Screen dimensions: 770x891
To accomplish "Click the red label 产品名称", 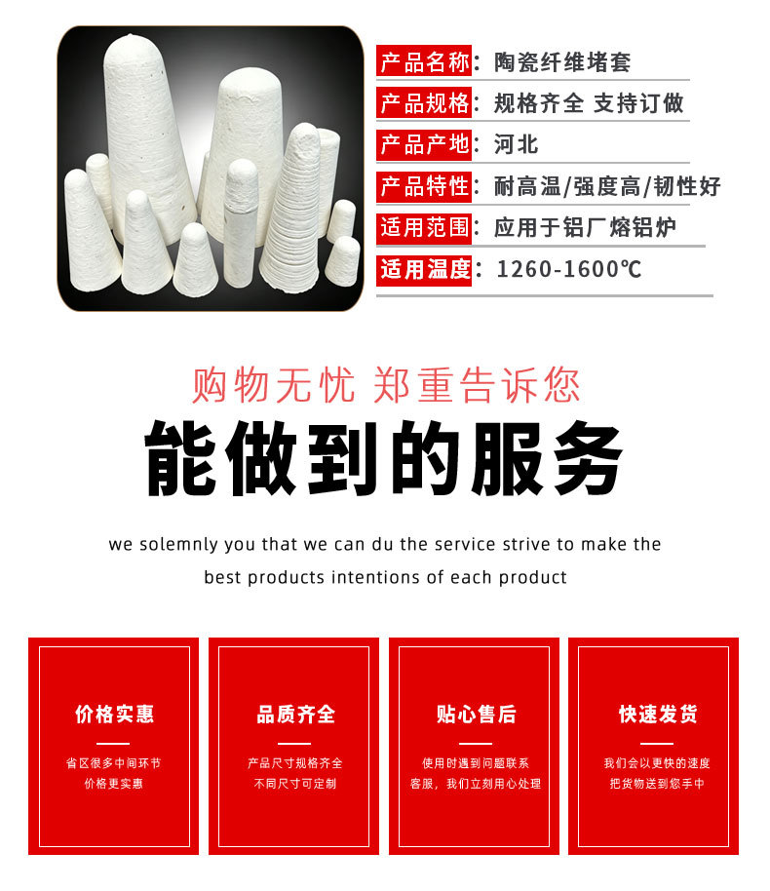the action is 424,60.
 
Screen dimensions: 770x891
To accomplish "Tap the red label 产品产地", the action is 424,143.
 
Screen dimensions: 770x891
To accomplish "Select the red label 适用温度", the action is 424,269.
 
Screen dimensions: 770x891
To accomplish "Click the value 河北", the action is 516,144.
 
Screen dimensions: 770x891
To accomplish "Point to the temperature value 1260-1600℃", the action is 569,269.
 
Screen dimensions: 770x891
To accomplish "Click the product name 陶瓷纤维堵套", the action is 562,62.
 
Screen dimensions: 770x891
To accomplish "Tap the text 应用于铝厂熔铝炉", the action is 585,227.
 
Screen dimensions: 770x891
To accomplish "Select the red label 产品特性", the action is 424,186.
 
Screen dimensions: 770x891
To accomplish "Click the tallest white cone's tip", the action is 132,36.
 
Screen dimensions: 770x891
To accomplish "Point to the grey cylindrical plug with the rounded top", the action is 240,222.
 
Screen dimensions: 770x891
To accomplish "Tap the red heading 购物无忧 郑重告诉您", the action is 385,386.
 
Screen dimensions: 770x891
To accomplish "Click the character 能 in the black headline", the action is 180,458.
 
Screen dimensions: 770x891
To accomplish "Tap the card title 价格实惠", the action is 114,714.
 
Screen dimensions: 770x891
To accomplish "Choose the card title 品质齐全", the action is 295,714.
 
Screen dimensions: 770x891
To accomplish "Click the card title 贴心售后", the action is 476,714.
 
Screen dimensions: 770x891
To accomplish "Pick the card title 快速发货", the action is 658,714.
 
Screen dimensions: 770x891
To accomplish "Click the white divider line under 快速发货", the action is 656,743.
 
